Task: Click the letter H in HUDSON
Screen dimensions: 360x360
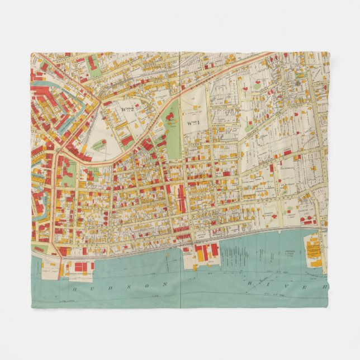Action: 74,289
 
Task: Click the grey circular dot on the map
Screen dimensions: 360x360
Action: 299,83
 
